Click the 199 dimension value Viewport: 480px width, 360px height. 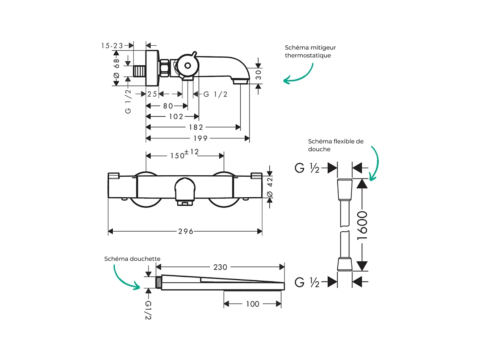[200, 138]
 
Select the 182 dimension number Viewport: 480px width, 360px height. [196, 127]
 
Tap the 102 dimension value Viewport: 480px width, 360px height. [176, 117]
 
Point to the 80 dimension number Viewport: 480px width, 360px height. [168, 106]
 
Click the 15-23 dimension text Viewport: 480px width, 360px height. [112, 46]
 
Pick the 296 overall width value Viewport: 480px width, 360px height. [186, 232]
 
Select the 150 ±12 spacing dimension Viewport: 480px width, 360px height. [184, 154]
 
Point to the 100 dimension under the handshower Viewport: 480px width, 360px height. [252, 304]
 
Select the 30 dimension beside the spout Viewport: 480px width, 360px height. [258, 74]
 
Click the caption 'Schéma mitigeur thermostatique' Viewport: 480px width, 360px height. [310, 52]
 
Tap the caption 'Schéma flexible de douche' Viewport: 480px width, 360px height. [335, 145]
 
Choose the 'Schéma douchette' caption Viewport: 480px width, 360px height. [132, 259]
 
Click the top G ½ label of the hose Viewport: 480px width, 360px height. [307, 168]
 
